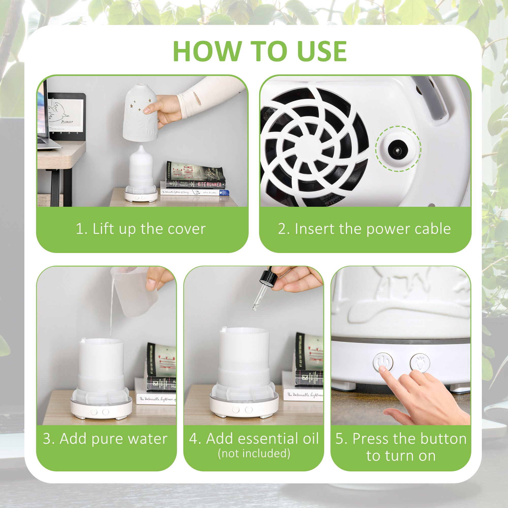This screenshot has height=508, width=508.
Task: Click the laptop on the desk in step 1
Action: (45, 118)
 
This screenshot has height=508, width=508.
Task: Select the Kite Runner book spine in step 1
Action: (196, 184)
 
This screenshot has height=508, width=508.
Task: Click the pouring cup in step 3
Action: (137, 289)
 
